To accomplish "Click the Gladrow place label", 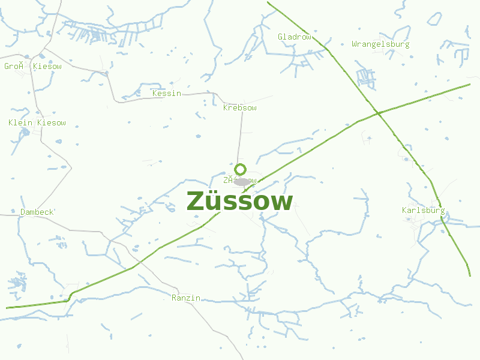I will (x=295, y=37).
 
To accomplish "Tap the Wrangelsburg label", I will (x=380, y=44).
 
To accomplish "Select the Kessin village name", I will (x=167, y=93).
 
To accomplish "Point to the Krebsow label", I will (x=240, y=108).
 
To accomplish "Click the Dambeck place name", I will (x=37, y=212).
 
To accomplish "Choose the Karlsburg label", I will (x=424, y=211).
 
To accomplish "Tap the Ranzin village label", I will (x=186, y=298).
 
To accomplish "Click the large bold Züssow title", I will (x=240, y=202).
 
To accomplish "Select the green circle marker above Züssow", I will (x=241, y=169).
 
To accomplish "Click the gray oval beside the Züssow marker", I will (x=242, y=182).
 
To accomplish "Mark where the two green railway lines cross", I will (x=377, y=113).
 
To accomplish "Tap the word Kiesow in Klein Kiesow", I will (x=52, y=123).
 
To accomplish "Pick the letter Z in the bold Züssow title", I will (x=195, y=202).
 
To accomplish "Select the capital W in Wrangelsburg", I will (x=355, y=44).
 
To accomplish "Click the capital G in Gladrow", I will (x=280, y=37).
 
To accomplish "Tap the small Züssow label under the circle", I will (x=240, y=180).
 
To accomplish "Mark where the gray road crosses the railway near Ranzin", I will (x=139, y=263).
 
